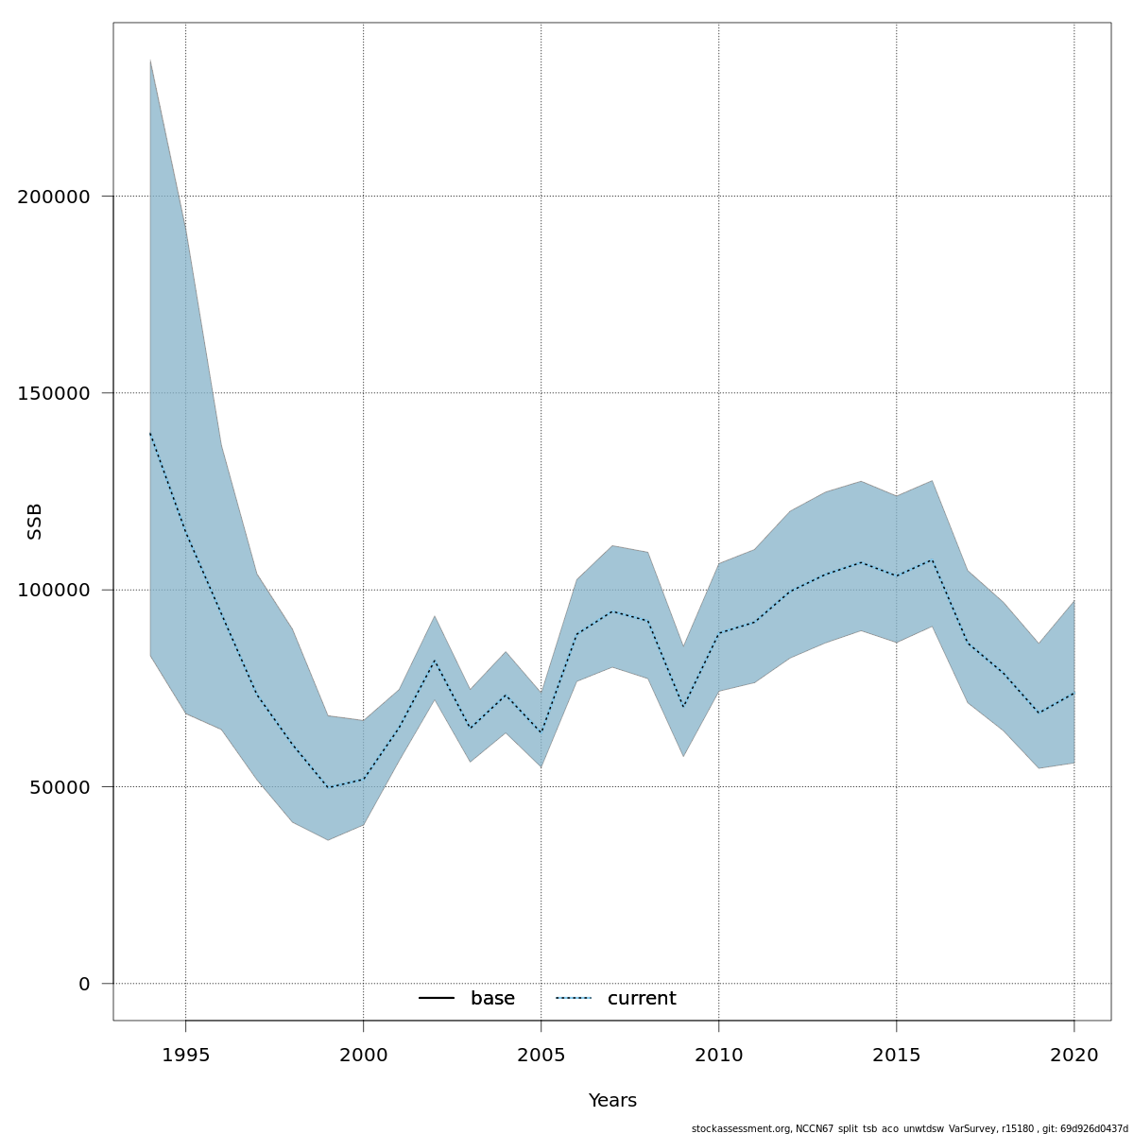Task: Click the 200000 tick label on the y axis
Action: pos(54,197)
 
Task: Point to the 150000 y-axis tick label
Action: pos(54,393)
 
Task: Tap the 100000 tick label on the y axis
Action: pos(54,590)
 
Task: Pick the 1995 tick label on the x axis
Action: pos(185,1055)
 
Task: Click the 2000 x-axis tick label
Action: pos(363,1055)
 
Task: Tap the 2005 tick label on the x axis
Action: pos(541,1055)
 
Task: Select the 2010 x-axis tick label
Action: pos(718,1055)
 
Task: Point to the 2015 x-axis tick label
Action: pos(896,1055)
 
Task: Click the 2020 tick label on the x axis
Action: pos(1074,1055)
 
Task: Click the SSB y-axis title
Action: pos(35,522)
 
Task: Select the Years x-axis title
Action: pos(612,1101)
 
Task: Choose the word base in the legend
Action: pos(492,999)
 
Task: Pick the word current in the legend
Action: pos(642,999)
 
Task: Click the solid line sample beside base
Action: pos(437,999)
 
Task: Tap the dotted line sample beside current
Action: pos(573,999)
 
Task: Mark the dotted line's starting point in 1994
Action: pos(150,433)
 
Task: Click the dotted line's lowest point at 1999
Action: pos(328,787)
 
